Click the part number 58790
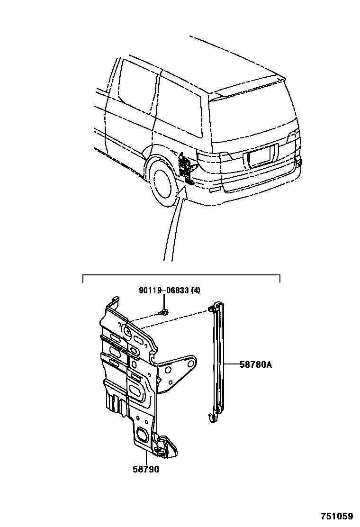(x=146, y=470)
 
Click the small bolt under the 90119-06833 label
(x=164, y=312)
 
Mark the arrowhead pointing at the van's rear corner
(x=180, y=192)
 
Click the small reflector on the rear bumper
(x=214, y=190)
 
